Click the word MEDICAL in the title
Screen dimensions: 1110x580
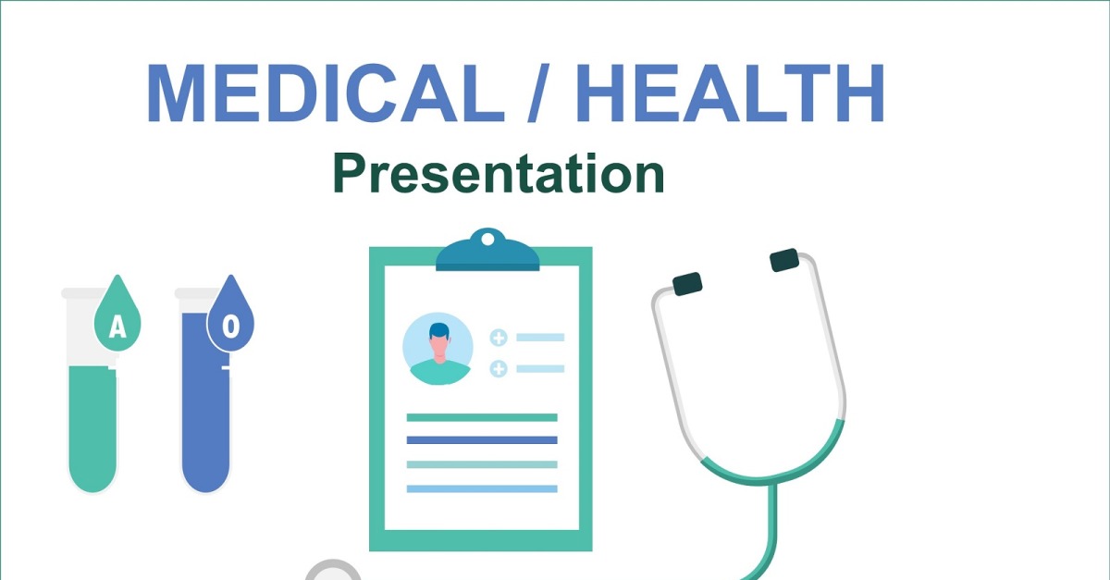[325, 93]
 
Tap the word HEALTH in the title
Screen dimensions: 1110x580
[730, 93]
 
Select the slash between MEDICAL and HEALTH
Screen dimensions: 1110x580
[538, 93]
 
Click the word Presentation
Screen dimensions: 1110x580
[499, 174]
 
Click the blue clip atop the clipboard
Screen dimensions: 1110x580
[487, 253]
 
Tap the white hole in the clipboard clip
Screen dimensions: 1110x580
[487, 240]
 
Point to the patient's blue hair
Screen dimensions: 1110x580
[439, 330]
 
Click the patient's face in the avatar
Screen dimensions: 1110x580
[439, 347]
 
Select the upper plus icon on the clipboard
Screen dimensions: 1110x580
[499, 338]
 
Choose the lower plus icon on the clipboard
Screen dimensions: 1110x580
[499, 369]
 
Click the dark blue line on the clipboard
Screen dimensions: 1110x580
[482, 439]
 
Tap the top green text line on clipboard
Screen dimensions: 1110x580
[482, 417]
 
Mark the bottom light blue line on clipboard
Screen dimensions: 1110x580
[482, 488]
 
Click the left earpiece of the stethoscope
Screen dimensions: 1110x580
[687, 284]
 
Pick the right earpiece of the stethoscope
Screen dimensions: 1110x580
[784, 260]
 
